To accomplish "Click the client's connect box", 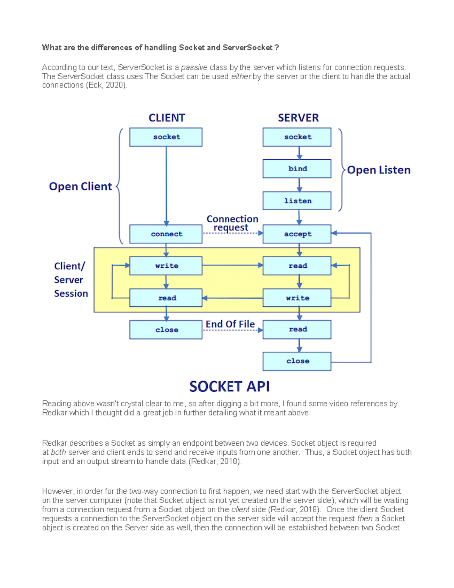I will click(166, 234).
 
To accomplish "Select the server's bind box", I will click(297, 169).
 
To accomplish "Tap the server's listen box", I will click(297, 201).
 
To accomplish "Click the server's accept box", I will click(297, 234).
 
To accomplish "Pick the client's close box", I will click(166, 330).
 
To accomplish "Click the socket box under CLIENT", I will click(166, 137).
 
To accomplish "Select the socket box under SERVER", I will click(297, 137).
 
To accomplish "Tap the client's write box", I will click(166, 266).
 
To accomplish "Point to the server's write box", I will click(297, 298).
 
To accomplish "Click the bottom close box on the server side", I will click(297, 361).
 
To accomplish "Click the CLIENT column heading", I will click(166, 118).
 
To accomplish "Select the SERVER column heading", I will click(298, 118).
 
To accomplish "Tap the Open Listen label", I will click(378, 170).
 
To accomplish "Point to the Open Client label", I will click(80, 186).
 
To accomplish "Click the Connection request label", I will click(232, 223).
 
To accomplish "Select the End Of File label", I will click(230, 324).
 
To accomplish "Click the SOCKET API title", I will click(229, 387).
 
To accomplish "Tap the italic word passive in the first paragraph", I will click(194, 67).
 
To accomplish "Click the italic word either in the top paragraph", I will click(241, 76).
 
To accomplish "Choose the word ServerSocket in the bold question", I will click(247, 48).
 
